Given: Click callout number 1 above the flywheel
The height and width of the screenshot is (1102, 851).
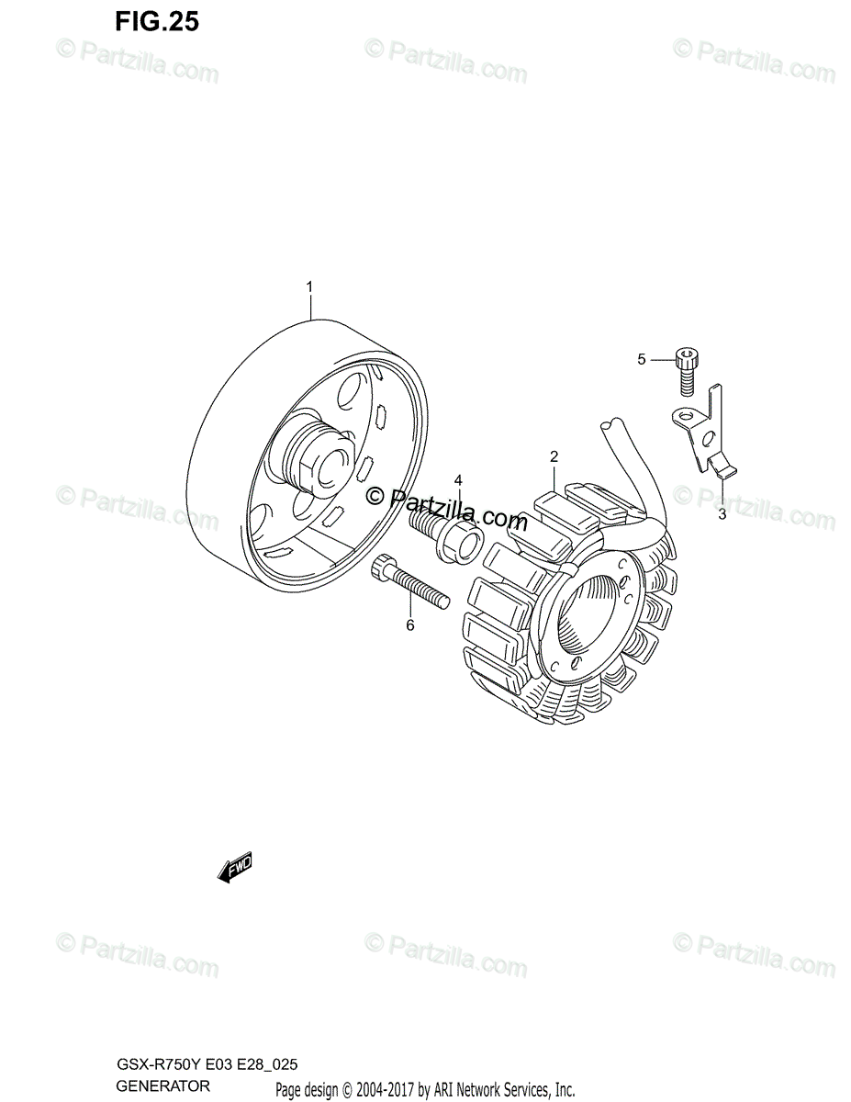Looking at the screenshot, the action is tap(309, 288).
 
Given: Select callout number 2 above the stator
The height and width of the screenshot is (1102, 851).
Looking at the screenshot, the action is tap(554, 456).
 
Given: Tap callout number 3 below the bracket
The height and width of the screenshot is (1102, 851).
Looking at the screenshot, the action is tap(722, 514).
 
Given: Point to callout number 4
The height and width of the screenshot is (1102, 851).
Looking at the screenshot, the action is tap(457, 480).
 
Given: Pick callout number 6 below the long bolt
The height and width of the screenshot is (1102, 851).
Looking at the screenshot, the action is tap(410, 625).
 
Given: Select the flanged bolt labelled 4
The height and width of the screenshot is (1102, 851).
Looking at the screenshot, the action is tap(446, 535).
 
